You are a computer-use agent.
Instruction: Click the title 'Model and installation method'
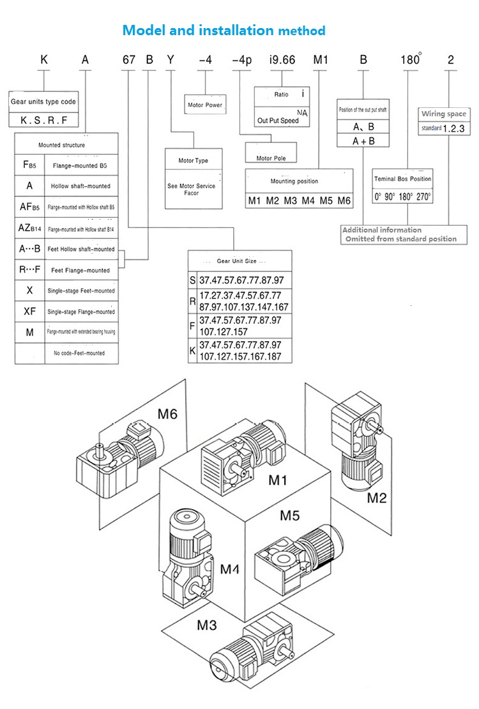(224, 30)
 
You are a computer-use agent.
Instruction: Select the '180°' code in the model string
(409, 61)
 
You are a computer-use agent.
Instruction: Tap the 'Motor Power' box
(205, 105)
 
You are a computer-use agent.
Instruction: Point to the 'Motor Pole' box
(271, 158)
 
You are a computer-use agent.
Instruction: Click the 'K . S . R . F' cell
(43, 119)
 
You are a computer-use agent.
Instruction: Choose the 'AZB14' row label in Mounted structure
(30, 227)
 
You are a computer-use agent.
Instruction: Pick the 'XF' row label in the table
(30, 311)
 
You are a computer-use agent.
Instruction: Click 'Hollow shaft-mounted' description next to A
(81, 186)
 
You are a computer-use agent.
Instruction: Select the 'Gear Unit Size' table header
(240, 261)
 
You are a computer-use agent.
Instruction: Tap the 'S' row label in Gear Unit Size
(193, 280)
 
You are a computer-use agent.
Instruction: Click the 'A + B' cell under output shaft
(363, 141)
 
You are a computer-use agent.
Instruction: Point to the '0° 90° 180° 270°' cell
(403, 197)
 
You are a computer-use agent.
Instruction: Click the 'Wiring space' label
(443, 114)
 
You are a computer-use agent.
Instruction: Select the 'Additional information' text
(382, 230)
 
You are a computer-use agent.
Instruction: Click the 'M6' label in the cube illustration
(167, 414)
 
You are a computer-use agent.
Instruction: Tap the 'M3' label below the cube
(206, 624)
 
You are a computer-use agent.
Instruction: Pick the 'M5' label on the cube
(291, 515)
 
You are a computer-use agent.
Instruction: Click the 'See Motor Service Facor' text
(192, 189)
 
